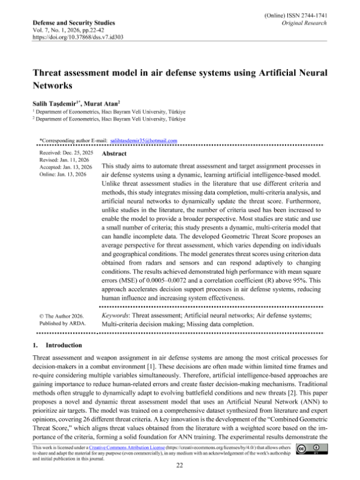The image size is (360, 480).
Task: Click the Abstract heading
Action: pos(118,154)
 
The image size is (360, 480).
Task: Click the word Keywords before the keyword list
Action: pos(121,316)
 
